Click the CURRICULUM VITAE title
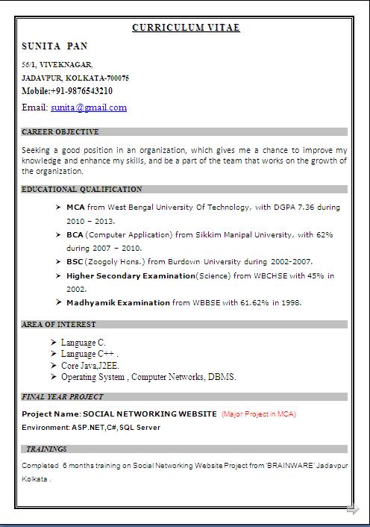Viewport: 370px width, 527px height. (x=186, y=28)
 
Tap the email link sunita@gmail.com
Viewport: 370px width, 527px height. (x=89, y=107)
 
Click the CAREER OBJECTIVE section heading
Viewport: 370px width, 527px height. (x=60, y=132)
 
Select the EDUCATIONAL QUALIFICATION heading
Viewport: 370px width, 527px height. (x=82, y=190)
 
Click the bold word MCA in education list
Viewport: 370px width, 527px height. (x=75, y=207)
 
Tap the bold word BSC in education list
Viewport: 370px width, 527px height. (x=75, y=262)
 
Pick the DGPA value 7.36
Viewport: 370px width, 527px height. (x=310, y=207)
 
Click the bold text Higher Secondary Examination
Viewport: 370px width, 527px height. (x=131, y=275)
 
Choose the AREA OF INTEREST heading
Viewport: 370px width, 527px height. (x=59, y=325)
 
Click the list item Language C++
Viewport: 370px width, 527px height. (x=88, y=354)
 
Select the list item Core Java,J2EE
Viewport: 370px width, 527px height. (x=90, y=366)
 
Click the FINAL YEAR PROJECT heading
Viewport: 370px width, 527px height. (x=63, y=397)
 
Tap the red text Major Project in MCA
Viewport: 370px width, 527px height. (x=259, y=414)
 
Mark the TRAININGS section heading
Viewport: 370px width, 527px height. (x=46, y=449)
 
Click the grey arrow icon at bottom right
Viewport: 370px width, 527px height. (x=352, y=510)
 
